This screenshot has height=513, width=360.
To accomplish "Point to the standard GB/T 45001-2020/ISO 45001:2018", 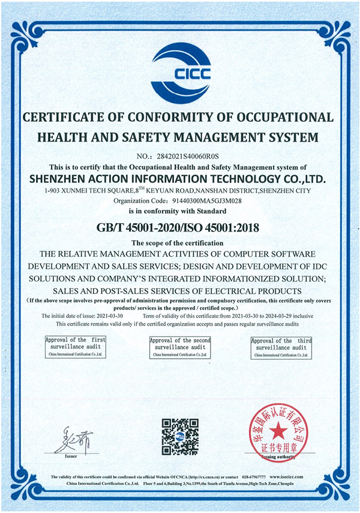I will coord(179,227).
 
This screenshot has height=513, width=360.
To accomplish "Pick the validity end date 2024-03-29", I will coord(278,316).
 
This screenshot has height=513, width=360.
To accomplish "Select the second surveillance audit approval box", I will coord(180,347).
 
